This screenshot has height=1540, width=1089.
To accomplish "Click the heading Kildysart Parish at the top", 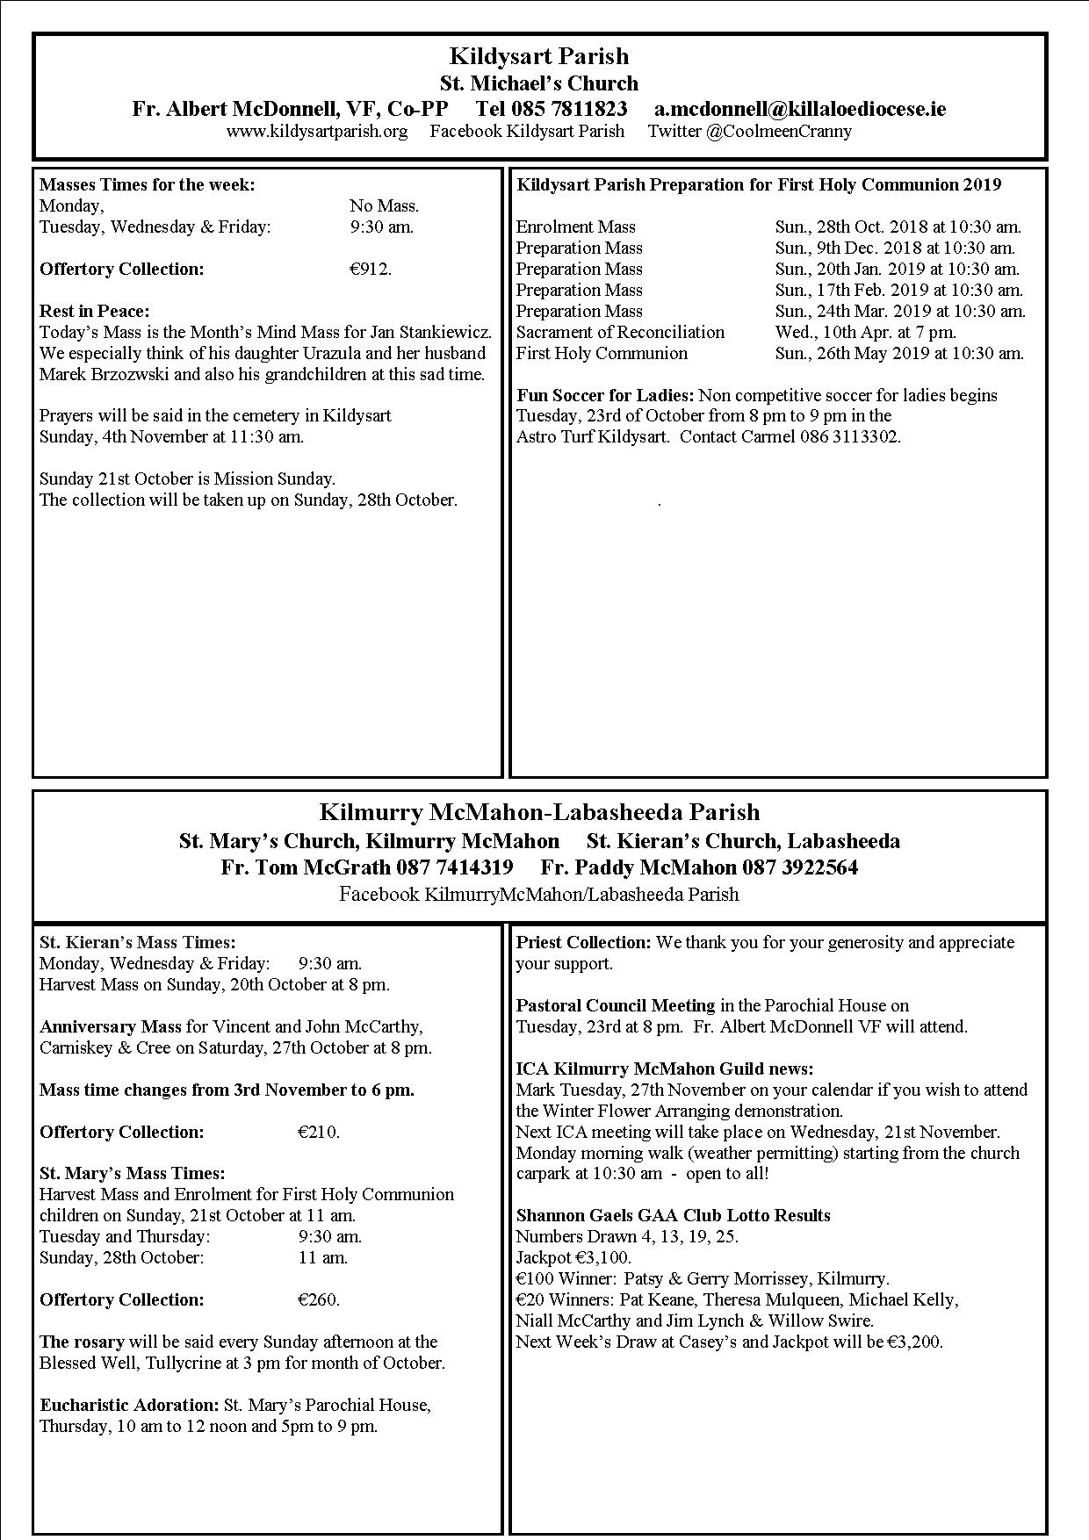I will click(x=538, y=56).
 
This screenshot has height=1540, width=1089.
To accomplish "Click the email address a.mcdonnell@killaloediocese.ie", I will click(x=800, y=109).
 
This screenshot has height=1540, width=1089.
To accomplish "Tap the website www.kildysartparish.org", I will click(x=316, y=132).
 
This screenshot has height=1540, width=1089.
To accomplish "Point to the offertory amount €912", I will click(x=370, y=270).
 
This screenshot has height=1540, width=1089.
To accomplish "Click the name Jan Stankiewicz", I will click(x=431, y=333).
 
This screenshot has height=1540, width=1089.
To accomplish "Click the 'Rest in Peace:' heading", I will click(x=95, y=312).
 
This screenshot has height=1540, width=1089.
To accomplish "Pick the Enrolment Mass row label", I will click(x=575, y=227).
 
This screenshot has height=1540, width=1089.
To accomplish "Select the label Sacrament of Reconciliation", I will click(x=620, y=333).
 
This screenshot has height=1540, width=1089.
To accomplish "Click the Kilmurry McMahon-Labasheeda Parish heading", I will click(x=539, y=811).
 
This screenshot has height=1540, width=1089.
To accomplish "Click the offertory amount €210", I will click(x=318, y=1133).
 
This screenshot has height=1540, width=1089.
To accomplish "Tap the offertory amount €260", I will click(x=318, y=1300).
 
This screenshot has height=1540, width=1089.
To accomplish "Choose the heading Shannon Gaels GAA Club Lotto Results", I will click(x=673, y=1216).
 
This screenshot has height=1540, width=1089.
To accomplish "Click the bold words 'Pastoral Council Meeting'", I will click(x=616, y=1006).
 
